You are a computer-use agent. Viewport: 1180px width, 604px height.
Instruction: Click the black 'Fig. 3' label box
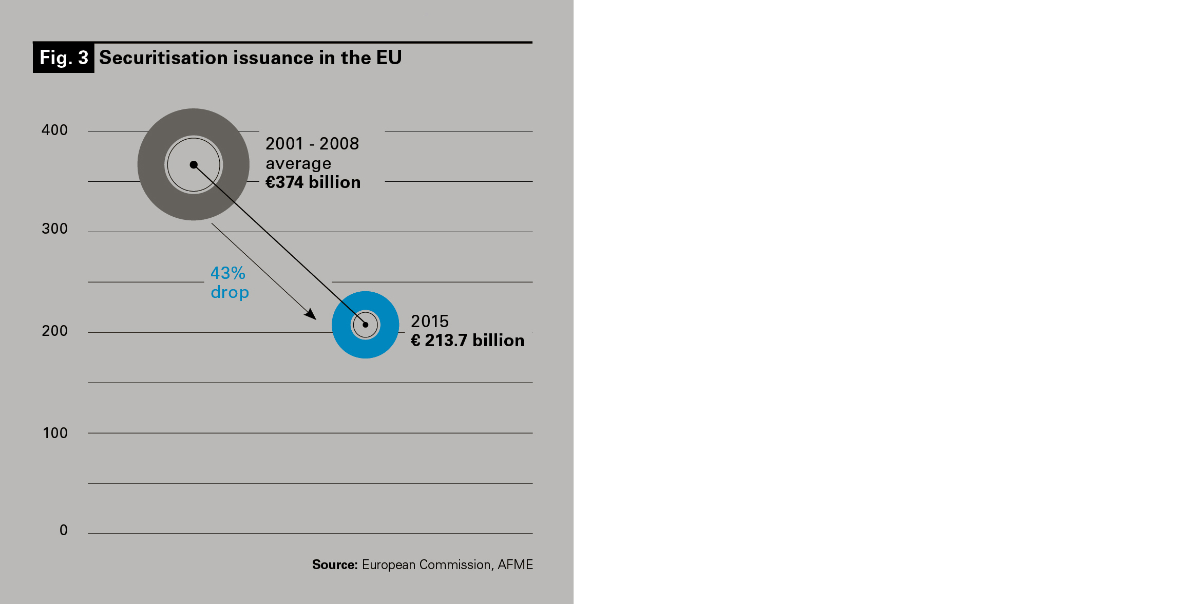tap(64, 58)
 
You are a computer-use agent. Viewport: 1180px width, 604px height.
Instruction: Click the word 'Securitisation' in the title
tap(163, 58)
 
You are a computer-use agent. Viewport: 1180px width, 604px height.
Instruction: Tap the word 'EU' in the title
tap(389, 58)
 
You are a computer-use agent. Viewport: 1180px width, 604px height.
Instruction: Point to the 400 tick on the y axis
tap(54, 130)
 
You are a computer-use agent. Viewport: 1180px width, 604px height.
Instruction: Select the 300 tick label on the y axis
tap(54, 229)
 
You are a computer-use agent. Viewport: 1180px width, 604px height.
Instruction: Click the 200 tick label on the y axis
tap(54, 331)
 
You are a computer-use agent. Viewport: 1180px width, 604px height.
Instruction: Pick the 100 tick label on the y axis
tap(55, 433)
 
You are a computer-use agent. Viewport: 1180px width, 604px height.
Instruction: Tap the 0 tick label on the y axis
tap(64, 530)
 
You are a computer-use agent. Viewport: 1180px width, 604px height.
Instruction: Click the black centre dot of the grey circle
tap(194, 165)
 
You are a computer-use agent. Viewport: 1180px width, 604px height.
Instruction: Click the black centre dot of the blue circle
tap(366, 325)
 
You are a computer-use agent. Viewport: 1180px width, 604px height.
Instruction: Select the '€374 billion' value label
tap(313, 182)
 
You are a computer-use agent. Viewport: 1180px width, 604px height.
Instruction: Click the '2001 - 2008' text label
tap(312, 144)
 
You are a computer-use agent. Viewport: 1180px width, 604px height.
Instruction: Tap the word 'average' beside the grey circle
tap(298, 163)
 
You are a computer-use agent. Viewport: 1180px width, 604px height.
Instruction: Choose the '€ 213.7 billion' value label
tap(467, 341)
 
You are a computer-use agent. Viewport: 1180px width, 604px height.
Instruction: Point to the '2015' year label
tap(430, 322)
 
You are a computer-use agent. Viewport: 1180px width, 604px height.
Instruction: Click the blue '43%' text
tap(228, 273)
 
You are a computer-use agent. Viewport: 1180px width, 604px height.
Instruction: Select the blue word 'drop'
tap(230, 292)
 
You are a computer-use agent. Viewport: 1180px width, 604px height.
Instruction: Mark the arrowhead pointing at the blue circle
tap(311, 314)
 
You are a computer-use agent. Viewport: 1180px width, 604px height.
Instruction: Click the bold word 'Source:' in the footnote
tap(335, 564)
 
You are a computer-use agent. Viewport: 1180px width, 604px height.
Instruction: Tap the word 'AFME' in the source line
tap(515, 564)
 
